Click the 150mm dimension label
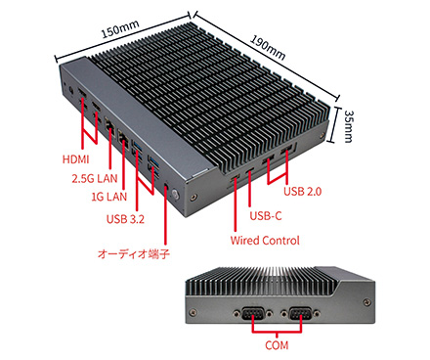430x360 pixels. [x=120, y=28]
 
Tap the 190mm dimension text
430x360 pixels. [x=268, y=48]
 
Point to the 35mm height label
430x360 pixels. [x=348, y=126]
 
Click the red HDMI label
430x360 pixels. [x=75, y=159]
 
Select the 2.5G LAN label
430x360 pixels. [x=95, y=178]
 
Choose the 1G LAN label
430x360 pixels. [x=108, y=197]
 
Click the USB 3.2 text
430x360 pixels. [x=125, y=219]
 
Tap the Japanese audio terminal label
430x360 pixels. [x=134, y=253]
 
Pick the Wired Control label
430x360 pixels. [x=265, y=241]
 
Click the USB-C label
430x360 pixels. [x=266, y=215]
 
